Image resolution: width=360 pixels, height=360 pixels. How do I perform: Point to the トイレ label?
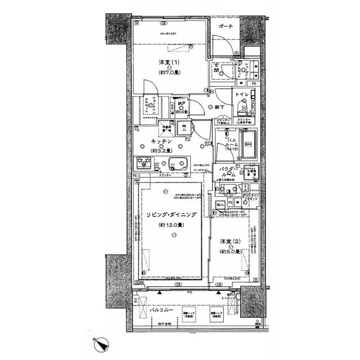coord(242,94)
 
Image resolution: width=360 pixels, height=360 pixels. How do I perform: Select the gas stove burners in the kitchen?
coord(142,164)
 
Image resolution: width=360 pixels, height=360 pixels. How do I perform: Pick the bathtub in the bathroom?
coord(249,144)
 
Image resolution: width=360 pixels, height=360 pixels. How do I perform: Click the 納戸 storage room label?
coord(182,103)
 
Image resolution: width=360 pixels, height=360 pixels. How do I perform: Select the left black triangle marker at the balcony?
coord(160,292)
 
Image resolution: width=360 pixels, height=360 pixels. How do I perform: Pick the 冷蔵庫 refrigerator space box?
coord(165,127)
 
